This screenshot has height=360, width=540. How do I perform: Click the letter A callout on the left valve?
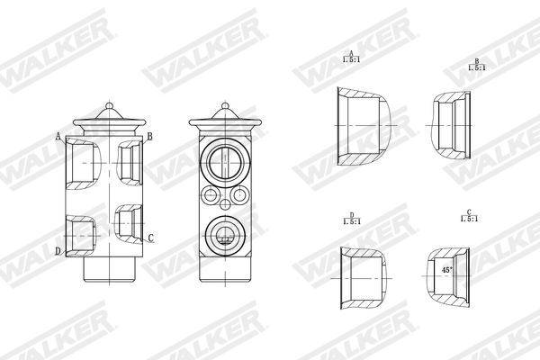click(x=58, y=137)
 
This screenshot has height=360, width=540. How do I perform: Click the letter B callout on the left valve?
click(x=150, y=137)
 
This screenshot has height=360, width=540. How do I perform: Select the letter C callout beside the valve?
click(x=150, y=238)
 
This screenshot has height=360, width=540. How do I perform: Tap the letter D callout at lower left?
click(x=58, y=250)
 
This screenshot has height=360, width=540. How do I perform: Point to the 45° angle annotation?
click(x=447, y=268)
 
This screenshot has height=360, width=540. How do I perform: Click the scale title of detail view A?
click(x=351, y=58)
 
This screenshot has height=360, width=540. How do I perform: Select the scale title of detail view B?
click(x=477, y=65)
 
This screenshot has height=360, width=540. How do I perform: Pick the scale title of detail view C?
click(x=468, y=217)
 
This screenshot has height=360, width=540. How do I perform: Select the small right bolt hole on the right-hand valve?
click(x=238, y=195)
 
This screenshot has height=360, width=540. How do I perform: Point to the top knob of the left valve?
click(x=109, y=107)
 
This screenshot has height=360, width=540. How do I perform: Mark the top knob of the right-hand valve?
click(x=221, y=107)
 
